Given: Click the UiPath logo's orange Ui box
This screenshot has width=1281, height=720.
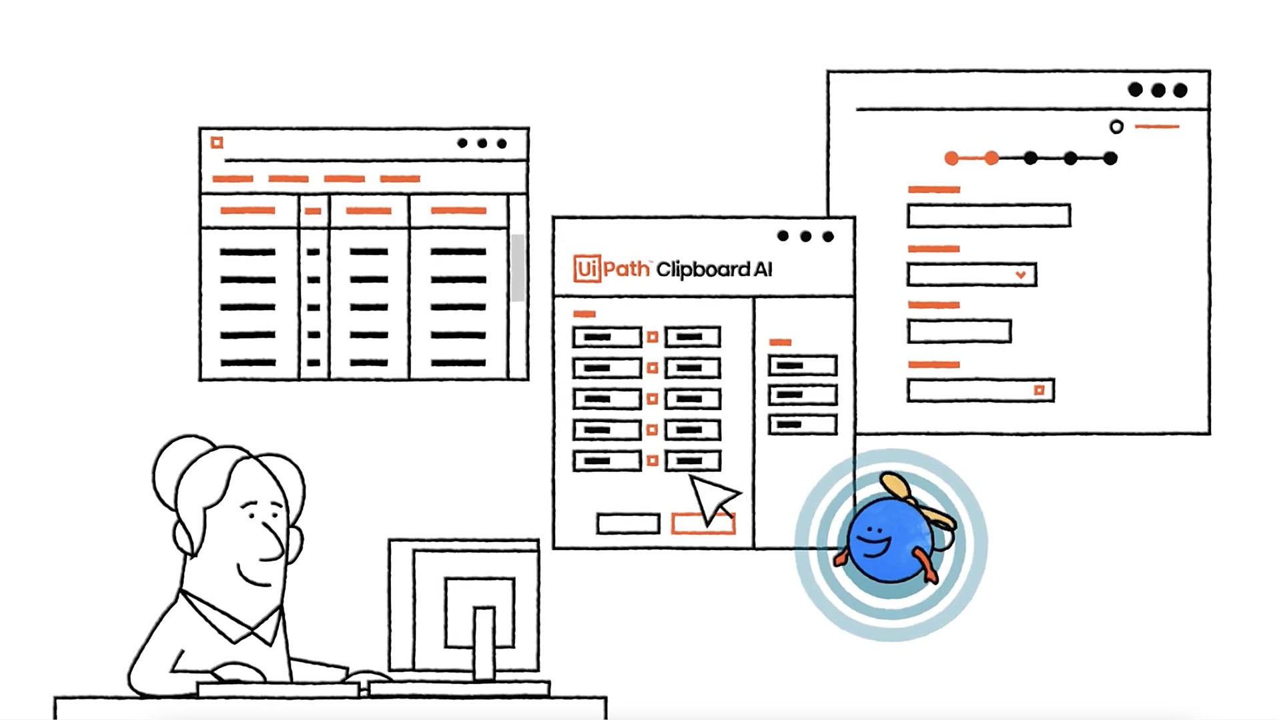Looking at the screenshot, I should (x=586, y=269).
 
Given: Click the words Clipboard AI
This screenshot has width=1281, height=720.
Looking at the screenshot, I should (x=714, y=269).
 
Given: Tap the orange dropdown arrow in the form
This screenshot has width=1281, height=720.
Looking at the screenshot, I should (x=1020, y=275).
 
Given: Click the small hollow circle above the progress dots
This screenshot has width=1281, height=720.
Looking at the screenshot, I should (x=1116, y=127).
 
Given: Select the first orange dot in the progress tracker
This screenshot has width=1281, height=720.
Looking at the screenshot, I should (x=952, y=158).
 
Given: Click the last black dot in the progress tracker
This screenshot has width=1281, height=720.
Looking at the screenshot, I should (x=1110, y=158).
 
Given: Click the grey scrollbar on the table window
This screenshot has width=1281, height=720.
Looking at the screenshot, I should (x=518, y=267).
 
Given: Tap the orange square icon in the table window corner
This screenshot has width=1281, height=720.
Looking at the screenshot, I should (x=217, y=143).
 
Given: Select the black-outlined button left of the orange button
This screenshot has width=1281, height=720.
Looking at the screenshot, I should (x=628, y=524).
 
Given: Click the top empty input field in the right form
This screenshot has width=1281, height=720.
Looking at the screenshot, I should (x=989, y=216).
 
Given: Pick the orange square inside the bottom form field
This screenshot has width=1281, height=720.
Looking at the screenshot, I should (x=1039, y=390).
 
